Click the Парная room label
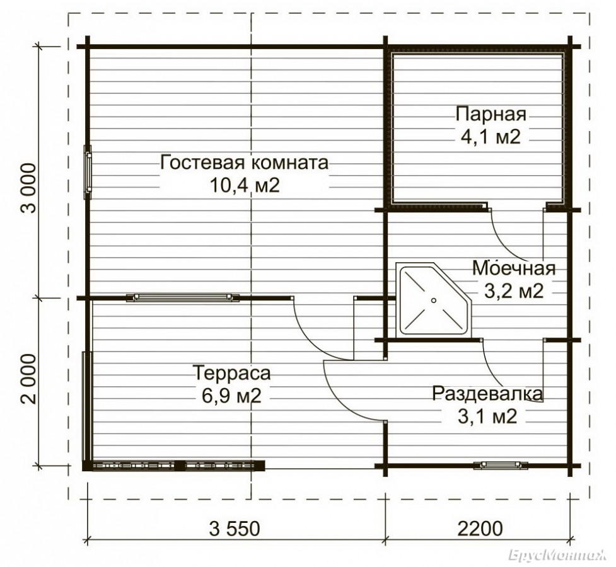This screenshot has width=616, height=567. point(491,115)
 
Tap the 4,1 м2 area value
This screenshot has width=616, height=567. point(491,137)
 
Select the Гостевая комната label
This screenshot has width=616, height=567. point(245,162)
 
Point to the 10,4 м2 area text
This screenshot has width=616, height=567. point(245,185)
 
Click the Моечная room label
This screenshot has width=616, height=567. point(514,268)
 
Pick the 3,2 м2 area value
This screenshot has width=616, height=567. point(513,291)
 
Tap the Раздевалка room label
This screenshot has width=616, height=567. point(487,394)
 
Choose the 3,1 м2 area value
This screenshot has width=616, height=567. point(487,416)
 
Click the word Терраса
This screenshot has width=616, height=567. point(232,372)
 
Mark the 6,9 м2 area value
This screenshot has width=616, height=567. point(232,396)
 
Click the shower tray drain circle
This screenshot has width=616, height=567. point(433,301)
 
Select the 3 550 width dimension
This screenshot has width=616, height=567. point(235,529)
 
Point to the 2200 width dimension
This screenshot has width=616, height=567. point(480,529)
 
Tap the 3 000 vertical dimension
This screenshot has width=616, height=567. point(28,188)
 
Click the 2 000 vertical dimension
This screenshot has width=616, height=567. point(28,379)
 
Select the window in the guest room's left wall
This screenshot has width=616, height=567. point(88,172)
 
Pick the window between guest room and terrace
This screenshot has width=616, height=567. point(183,297)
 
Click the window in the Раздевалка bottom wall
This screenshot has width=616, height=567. point(501,466)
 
